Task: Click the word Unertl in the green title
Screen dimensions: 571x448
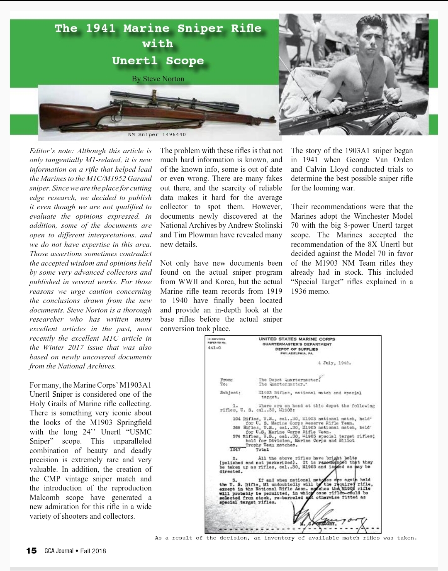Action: click(137, 61)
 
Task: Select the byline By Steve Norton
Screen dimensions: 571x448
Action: click(158, 79)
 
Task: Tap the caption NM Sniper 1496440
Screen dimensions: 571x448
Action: click(157, 134)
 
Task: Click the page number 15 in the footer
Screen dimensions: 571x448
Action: click(31, 551)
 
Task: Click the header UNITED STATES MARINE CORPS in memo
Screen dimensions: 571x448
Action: click(297, 339)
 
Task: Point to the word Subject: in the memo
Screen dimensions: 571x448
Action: click(229, 392)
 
